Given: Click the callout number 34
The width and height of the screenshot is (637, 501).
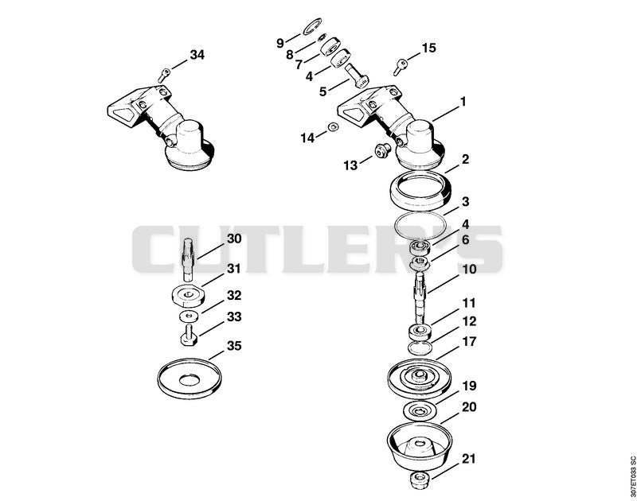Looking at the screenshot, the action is click(x=197, y=54).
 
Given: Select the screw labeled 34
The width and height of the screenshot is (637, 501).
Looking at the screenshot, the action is click(x=164, y=75).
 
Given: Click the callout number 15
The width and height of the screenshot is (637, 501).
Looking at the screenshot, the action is click(x=429, y=48).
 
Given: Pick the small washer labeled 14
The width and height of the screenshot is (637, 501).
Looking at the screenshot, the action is click(x=334, y=127).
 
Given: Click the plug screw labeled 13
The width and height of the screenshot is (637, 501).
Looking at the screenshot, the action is click(x=381, y=150).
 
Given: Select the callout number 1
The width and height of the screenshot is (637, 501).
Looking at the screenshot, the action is click(x=463, y=102).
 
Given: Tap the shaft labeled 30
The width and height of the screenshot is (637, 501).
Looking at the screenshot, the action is click(x=188, y=259).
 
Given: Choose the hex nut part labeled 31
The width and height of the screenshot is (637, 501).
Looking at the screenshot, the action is click(x=186, y=297).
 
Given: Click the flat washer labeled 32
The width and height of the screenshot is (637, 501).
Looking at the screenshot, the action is click(x=188, y=315).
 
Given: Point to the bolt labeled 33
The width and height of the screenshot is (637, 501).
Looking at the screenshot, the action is click(x=188, y=335).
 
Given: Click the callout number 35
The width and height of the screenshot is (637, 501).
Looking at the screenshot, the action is click(x=234, y=346).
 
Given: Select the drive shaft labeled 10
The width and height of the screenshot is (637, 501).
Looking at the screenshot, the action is click(x=420, y=298).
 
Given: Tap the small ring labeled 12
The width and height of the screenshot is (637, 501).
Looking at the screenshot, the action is click(x=420, y=348).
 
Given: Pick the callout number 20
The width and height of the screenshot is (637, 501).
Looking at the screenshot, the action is click(x=469, y=406).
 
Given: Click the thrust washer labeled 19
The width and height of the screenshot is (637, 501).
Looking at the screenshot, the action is click(x=420, y=412).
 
